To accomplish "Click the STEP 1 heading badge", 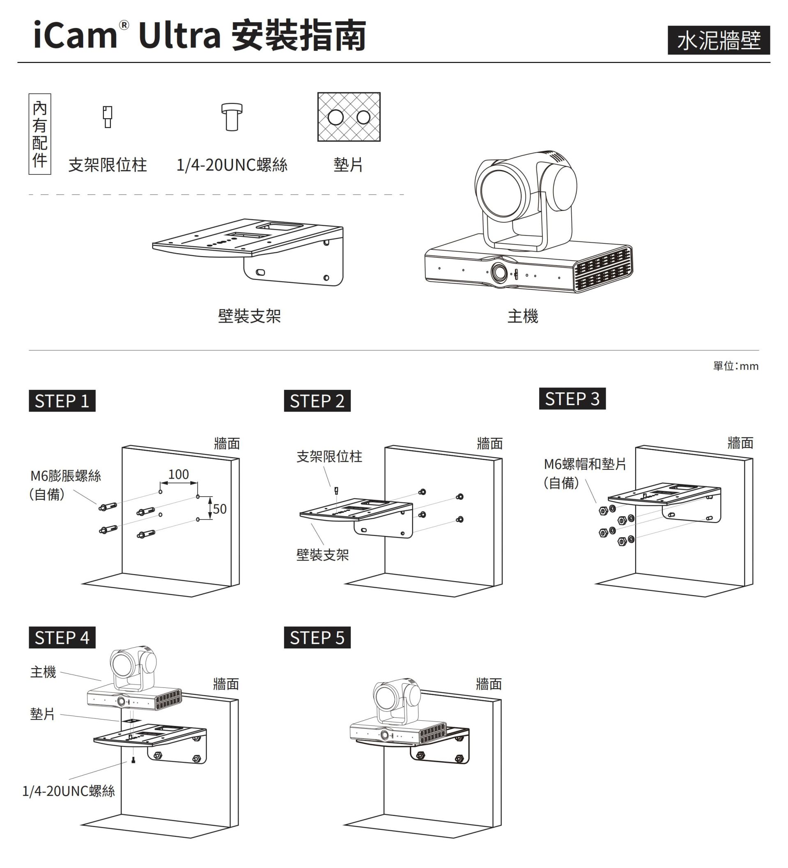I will pos(62,401).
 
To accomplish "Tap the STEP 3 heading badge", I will pos(572,398).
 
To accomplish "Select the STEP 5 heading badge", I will pos(317,638).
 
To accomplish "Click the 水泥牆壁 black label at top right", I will pos(718,40).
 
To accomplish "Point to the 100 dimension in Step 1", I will pos(178,474).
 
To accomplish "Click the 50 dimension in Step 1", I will pos(219,509).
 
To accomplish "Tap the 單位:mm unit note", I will pos(735,366).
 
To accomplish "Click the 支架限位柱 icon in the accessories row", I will pos(108,117).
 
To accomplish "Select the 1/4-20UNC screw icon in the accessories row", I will pos(232,117).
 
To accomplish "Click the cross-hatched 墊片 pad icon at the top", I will pos(349,117).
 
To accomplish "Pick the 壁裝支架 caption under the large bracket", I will pos(249,316).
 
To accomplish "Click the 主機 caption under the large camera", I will pos(523,316).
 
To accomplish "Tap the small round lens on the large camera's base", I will pos(500,272).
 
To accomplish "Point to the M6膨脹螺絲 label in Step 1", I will pos(65,476).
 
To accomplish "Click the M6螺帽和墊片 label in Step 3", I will pos(585,464).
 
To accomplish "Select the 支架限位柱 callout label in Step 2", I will pos(329,456).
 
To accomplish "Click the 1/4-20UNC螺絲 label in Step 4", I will pos(69,791).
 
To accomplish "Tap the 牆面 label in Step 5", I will pos(489,684).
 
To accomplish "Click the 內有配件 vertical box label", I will pos(40,134).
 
